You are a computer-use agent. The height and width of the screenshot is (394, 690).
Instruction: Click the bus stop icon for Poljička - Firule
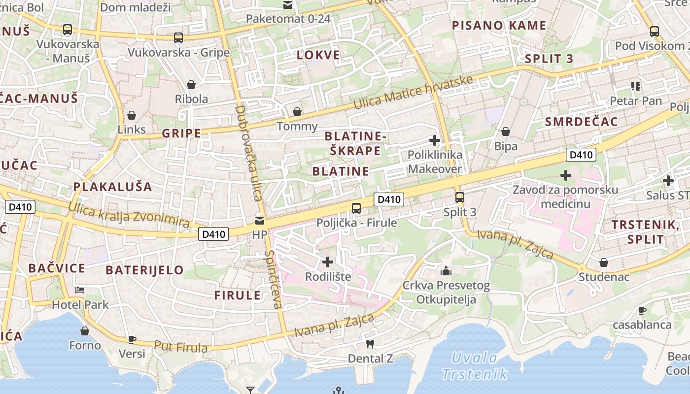pyautogui.click(x=356, y=208)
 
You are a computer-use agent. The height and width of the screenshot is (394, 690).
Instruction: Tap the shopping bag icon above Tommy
pyautogui.click(x=297, y=112)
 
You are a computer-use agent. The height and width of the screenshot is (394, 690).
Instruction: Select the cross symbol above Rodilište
pyautogui.click(x=328, y=262)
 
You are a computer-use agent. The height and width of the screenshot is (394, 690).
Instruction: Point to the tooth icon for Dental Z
pyautogui.click(x=370, y=344)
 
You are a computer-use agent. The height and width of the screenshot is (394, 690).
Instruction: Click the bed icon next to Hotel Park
pyautogui.click(x=80, y=290)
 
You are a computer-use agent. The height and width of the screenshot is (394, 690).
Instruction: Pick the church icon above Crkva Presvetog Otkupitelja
pyautogui.click(x=446, y=271)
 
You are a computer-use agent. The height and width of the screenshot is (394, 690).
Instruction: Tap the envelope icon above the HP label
pyautogui.click(x=260, y=220)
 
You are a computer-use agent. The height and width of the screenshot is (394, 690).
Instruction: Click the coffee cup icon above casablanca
pyautogui.click(x=642, y=310)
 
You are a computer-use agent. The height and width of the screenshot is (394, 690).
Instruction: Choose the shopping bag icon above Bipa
pyautogui.click(x=506, y=131)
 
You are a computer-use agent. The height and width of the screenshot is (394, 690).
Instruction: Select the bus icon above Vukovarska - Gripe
pyautogui.click(x=178, y=37)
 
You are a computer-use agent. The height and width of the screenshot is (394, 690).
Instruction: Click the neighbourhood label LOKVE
pyautogui.click(x=318, y=55)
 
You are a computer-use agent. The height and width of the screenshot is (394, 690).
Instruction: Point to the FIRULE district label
pyautogui.click(x=238, y=295)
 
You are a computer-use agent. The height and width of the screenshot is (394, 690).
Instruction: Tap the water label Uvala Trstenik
pyautogui.click(x=475, y=365)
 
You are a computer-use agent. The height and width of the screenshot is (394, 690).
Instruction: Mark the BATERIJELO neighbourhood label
pyautogui.click(x=144, y=270)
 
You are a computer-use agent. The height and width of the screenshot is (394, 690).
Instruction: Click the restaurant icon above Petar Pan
pyautogui.click(x=636, y=86)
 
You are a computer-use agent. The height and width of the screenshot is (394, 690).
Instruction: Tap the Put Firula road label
pyautogui.click(x=181, y=346)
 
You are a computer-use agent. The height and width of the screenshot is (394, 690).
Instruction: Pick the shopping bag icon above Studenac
pyautogui.click(x=603, y=263)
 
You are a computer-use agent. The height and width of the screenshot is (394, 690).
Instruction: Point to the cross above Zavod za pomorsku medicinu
pyautogui.click(x=566, y=175)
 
